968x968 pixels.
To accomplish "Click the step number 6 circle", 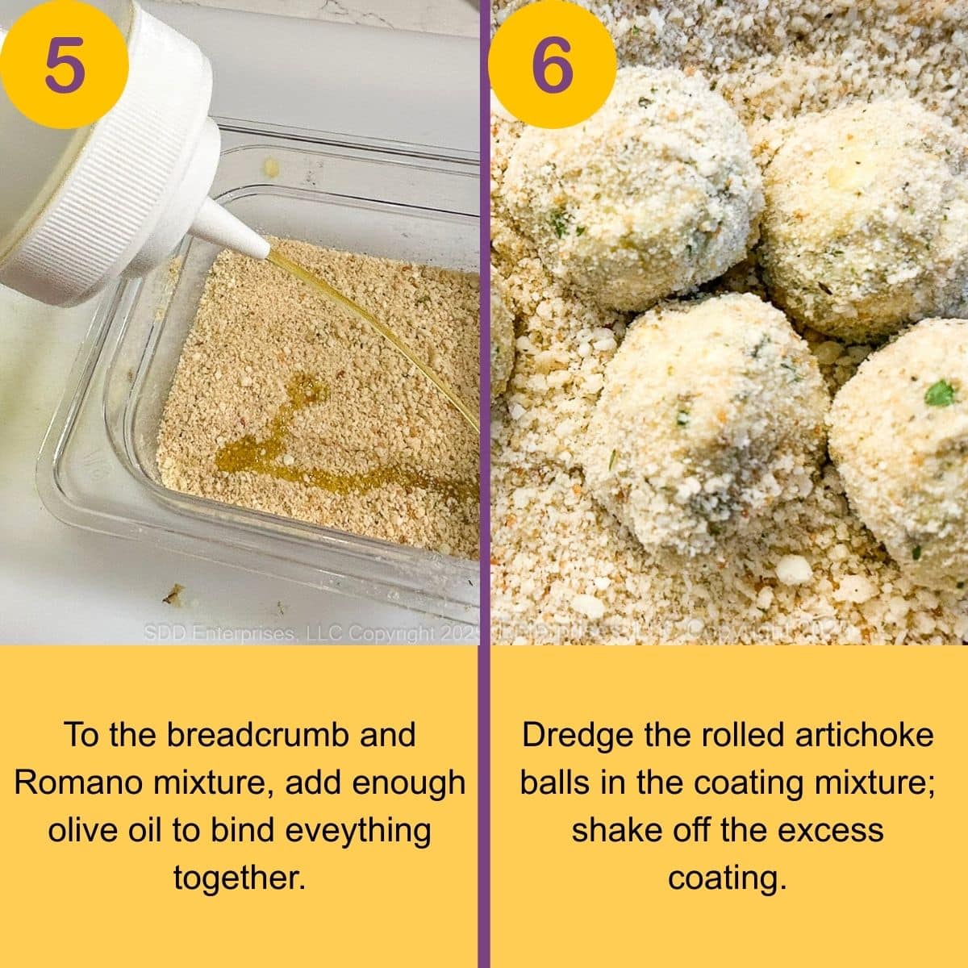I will pyautogui.click(x=552, y=65).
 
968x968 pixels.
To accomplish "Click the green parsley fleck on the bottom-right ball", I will pyautogui.click(x=937, y=394).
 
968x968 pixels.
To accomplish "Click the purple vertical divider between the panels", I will pyautogui.click(x=484, y=484).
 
